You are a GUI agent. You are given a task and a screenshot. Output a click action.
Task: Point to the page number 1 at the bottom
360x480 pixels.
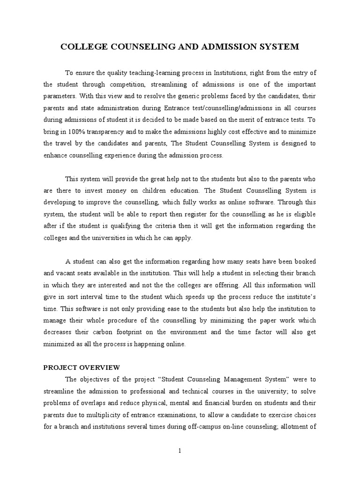pos(180,450)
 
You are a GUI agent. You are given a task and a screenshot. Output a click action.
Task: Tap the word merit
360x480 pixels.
pos(253,120)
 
